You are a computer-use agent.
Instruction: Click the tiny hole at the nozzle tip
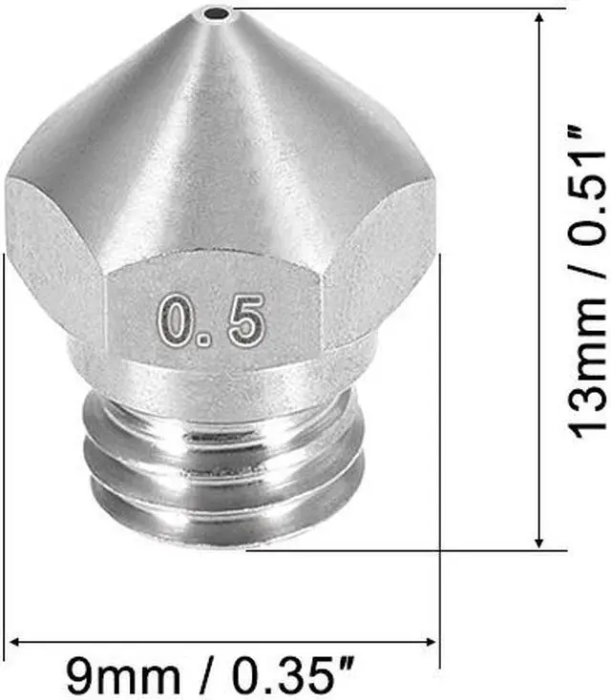pos(221,14)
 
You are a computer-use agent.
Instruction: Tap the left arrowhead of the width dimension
pos(13,643)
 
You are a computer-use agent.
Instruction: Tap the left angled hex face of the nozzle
pos(53,257)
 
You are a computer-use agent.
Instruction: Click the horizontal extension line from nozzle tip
pos(382,9)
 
